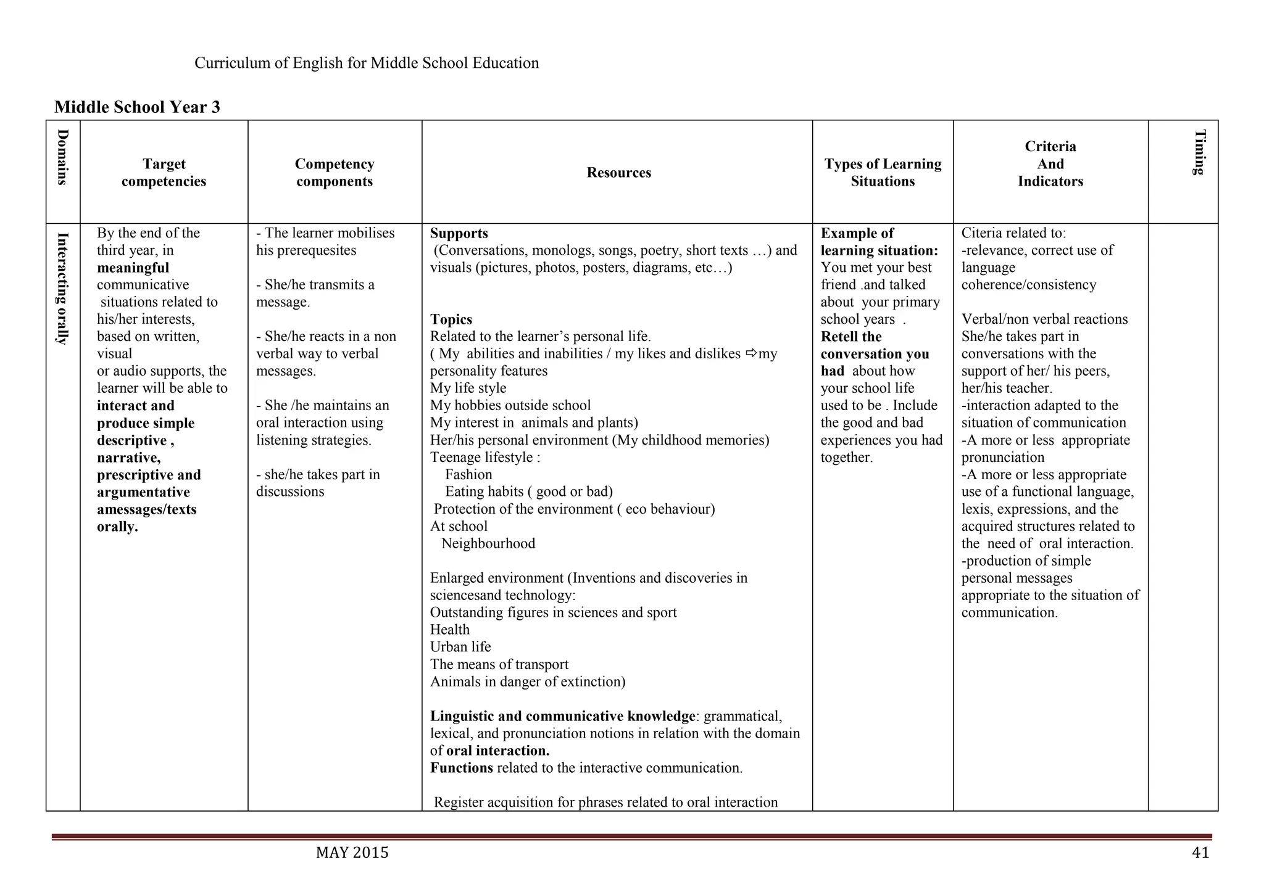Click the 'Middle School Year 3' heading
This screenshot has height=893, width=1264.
tap(137, 107)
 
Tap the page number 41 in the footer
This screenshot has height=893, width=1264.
tap(1200, 853)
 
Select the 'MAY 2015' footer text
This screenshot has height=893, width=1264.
tap(352, 853)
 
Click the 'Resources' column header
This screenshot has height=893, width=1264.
tap(618, 173)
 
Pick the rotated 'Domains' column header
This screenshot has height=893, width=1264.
tap(62, 157)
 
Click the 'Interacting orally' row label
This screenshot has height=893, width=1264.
tap(62, 288)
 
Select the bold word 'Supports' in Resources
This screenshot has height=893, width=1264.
tap(459, 233)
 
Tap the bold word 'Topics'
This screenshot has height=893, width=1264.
tap(451, 319)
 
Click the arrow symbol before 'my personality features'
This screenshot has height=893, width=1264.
tap(751, 353)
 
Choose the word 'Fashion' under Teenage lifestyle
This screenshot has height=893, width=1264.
tap(468, 475)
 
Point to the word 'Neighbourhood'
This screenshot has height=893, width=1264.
tap(488, 544)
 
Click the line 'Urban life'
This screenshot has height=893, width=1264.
tap(460, 647)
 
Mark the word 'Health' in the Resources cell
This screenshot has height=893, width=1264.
tap(449, 630)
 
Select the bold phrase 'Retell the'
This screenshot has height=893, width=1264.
tap(850, 337)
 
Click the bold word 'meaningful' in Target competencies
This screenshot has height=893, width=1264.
tap(133, 268)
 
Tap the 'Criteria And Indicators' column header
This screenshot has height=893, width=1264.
tap(1050, 164)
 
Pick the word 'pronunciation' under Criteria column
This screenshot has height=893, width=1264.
tap(1002, 458)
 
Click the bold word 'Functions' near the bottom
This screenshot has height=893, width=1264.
tap(461, 768)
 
